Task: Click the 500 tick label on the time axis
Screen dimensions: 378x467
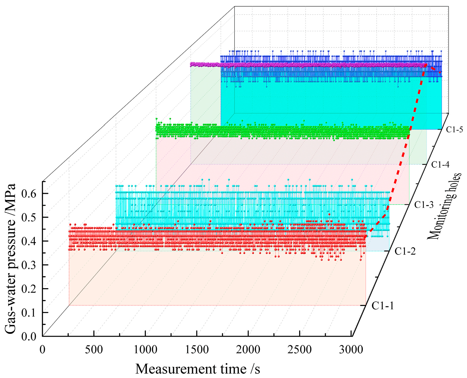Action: click(x=94, y=349)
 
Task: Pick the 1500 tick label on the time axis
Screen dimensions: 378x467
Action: click(x=197, y=349)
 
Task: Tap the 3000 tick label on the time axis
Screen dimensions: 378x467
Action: click(x=351, y=349)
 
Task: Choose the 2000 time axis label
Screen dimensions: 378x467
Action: click(x=248, y=349)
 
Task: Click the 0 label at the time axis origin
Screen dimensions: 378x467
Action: click(x=42, y=349)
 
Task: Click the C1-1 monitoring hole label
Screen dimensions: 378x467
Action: click(x=383, y=306)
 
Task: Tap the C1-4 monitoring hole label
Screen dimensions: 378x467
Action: click(x=440, y=165)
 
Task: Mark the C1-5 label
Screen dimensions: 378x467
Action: click(x=454, y=130)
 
